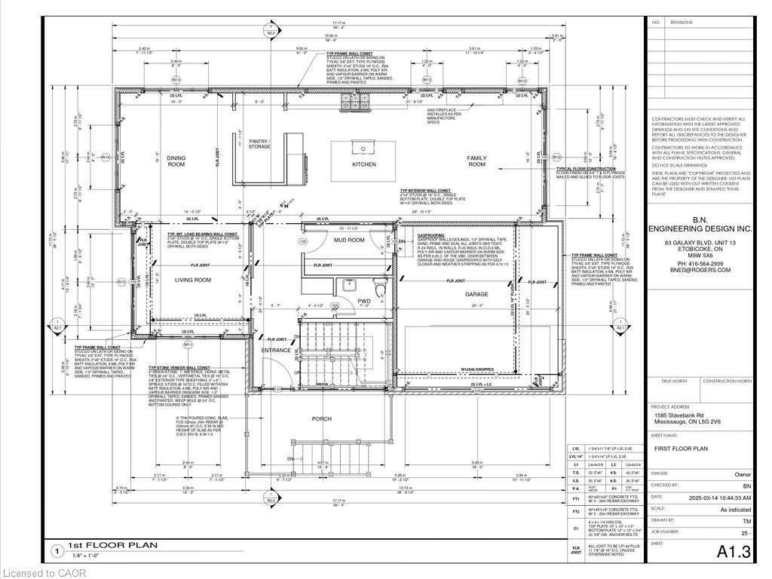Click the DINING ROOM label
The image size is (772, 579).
[176, 161]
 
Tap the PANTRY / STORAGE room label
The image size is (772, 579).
[259, 144]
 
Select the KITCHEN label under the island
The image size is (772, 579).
[364, 164]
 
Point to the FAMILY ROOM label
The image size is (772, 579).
[476, 161]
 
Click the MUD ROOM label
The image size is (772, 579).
[349, 240]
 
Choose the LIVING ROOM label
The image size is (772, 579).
[193, 280]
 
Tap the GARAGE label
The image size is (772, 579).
[476, 294]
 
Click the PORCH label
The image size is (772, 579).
[322, 418]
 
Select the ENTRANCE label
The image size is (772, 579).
[276, 351]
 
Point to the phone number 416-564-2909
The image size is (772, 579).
[697, 263]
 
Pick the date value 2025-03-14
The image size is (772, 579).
[704, 497]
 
